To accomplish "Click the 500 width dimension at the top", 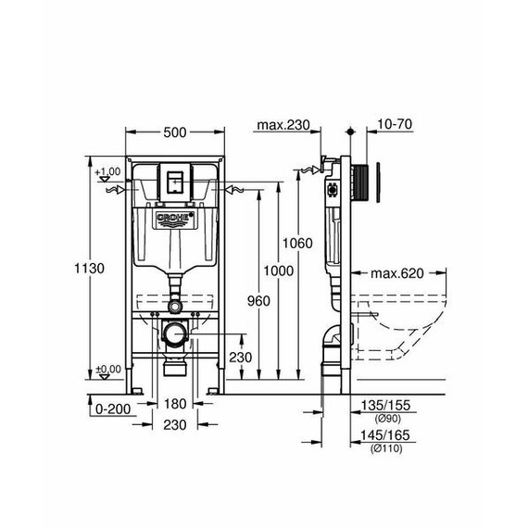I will (x=173, y=132).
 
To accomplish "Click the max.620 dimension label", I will (x=397, y=273).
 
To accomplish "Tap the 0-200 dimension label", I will (x=110, y=406).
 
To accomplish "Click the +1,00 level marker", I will (x=108, y=172).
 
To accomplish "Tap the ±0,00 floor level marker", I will (x=108, y=369).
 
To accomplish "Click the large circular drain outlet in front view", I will (x=173, y=335).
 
